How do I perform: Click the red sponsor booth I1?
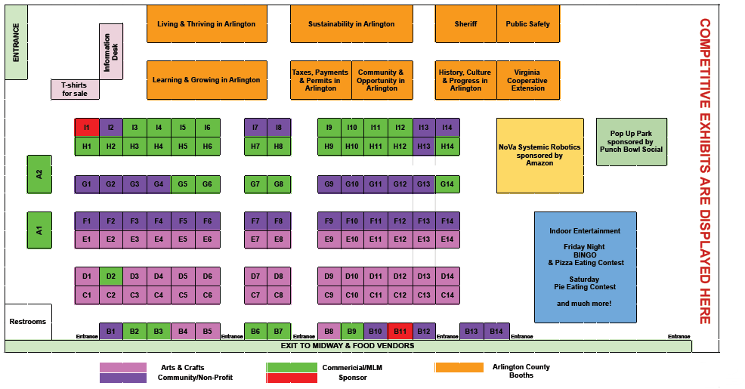pos(86,128)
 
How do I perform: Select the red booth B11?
pos(400,331)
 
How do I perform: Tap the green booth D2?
pos(110,276)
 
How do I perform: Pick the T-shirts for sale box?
pos(75,89)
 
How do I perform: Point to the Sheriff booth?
pos(465,24)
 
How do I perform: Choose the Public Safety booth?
pos(527,24)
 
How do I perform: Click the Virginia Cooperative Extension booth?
pos(527,80)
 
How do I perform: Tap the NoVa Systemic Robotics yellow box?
pos(539,155)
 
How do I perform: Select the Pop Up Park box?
pos(631,141)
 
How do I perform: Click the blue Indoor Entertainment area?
pos(585,267)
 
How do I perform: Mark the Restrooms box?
pos(28,322)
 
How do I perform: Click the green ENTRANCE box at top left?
pos(16,42)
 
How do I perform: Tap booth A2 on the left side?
pos(39,174)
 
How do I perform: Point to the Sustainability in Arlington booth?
pos(351,24)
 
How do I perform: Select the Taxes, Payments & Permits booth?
pos(320,80)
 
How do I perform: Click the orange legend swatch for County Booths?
pos(460,368)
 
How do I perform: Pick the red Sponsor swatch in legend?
pos(292,378)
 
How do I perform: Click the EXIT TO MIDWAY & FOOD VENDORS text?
pos(348,346)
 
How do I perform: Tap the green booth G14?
pos(447,184)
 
